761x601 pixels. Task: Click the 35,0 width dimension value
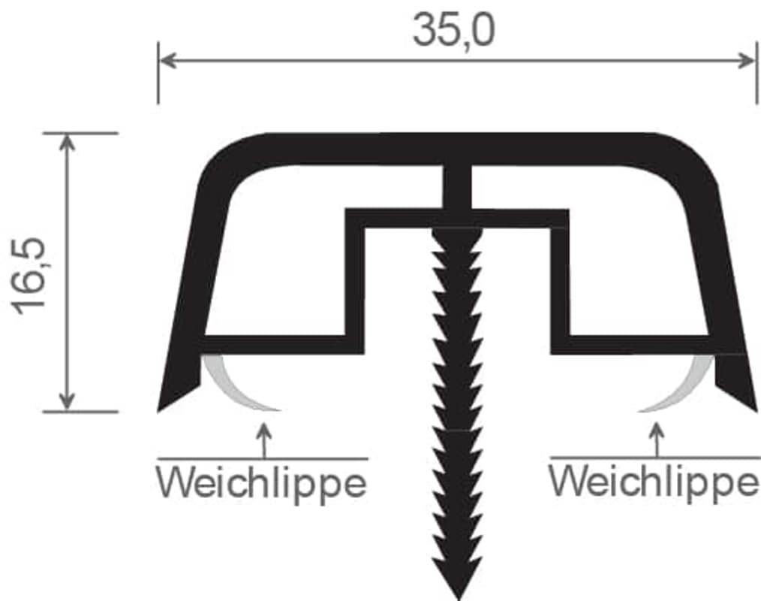(x=454, y=30)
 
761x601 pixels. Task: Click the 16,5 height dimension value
(x=29, y=276)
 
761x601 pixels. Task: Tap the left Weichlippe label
(x=262, y=482)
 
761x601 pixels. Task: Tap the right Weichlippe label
(x=654, y=481)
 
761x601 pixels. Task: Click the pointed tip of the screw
(x=458, y=599)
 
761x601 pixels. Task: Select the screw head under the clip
(x=458, y=237)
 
